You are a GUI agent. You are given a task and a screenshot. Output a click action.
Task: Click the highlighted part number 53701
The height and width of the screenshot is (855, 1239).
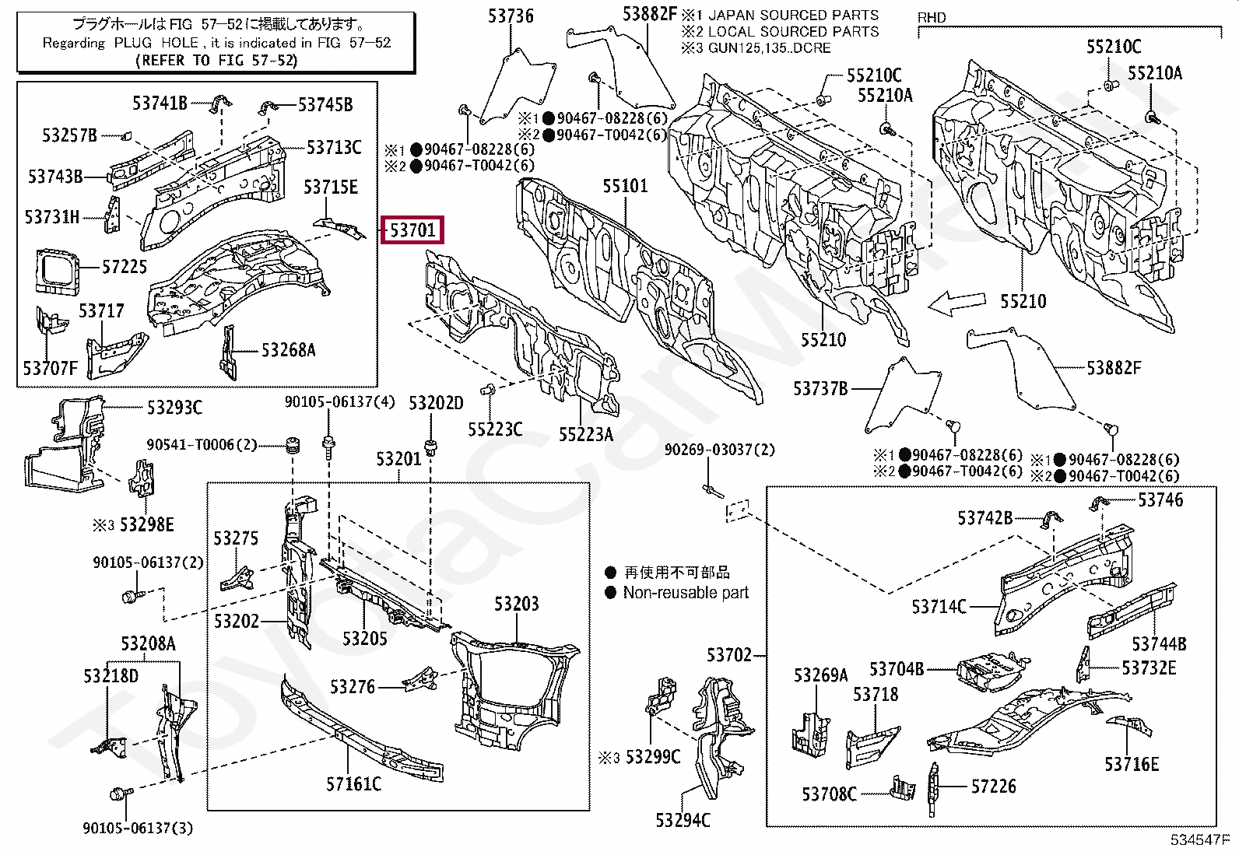tap(412, 230)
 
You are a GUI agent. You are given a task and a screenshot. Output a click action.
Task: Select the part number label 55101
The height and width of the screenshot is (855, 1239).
tap(625, 186)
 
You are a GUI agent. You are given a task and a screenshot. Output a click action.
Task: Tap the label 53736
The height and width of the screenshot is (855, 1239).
tap(511, 16)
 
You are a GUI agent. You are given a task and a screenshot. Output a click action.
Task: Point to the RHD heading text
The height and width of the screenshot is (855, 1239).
tap(932, 18)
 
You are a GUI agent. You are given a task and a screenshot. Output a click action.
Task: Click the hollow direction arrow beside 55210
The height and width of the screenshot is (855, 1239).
tap(956, 303)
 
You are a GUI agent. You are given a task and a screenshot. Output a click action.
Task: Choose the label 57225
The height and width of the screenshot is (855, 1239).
tap(125, 267)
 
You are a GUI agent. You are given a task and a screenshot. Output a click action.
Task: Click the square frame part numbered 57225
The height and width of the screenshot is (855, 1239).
tap(57, 271)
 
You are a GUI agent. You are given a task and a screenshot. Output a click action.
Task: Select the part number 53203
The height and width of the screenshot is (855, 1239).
tap(516, 604)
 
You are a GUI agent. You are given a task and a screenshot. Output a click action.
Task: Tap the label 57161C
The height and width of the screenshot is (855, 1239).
tap(353, 783)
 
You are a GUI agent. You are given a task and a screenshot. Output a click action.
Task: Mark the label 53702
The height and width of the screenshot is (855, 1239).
tap(729, 655)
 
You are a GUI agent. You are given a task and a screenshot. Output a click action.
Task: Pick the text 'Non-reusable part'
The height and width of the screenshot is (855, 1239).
tap(686, 592)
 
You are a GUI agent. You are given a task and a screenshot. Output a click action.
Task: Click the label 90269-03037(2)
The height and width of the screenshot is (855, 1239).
tap(720, 450)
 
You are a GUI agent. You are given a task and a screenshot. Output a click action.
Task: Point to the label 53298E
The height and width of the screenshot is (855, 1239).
tap(146, 524)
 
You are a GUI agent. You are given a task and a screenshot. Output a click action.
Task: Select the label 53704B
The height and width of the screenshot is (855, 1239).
tap(897, 668)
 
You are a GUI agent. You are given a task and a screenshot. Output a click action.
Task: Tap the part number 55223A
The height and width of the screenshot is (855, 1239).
tap(586, 434)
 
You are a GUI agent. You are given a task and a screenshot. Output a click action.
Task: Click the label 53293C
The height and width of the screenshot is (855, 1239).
tap(174, 408)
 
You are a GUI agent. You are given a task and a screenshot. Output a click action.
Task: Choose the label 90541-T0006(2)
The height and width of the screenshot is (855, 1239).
tap(202, 445)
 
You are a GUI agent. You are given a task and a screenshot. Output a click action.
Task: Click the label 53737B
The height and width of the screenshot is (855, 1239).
tap(820, 389)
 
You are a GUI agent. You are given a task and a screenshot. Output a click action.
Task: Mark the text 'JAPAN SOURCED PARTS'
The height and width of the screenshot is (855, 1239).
tap(793, 16)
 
